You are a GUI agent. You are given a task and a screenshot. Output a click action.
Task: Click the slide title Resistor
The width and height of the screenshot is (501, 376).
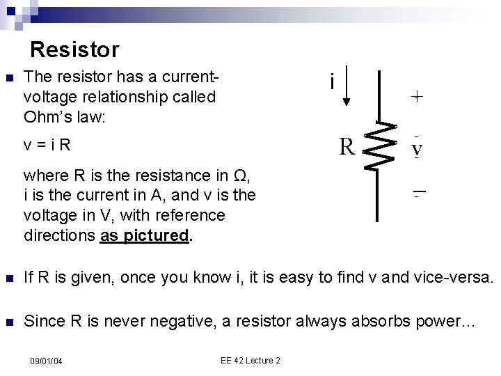coord(75,50)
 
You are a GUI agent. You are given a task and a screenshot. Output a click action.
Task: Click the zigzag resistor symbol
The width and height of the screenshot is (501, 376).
coord(379,146)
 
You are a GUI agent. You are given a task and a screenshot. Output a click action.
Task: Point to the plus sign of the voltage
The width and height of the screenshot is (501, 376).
coord(415,97)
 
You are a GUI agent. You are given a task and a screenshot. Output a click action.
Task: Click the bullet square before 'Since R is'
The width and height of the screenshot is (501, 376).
coord(8,322)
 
